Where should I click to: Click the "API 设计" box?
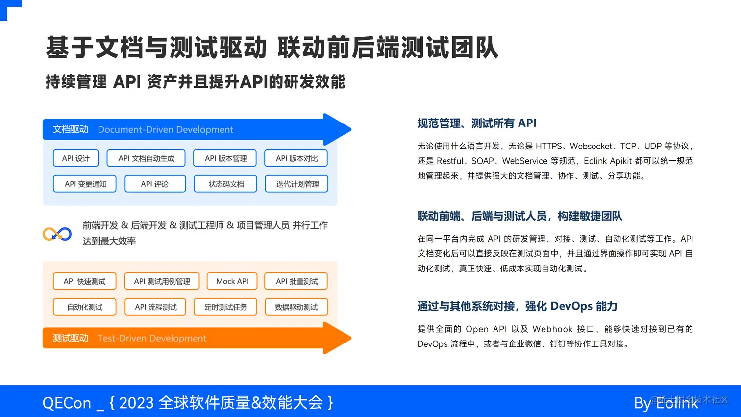pyautogui.click(x=76, y=158)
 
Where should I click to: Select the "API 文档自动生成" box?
pyautogui.click(x=146, y=158)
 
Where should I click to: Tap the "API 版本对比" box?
pyautogui.click(x=296, y=158)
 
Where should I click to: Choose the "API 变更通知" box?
pyautogui.click(x=85, y=184)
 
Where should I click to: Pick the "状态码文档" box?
pyautogui.click(x=225, y=184)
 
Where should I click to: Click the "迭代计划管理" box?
pyautogui.click(x=296, y=184)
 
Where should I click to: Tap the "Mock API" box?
pyautogui.click(x=232, y=281)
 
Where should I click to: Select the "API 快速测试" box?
pyautogui.click(x=85, y=281)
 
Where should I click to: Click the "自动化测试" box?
pyautogui.click(x=85, y=307)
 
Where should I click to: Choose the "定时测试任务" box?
pyautogui.click(x=225, y=307)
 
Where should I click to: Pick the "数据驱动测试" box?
pyautogui.click(x=296, y=307)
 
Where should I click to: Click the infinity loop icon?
pyautogui.click(x=57, y=234)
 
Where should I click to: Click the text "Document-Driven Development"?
pyautogui.click(x=166, y=130)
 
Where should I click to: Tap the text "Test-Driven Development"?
pyautogui.click(x=152, y=339)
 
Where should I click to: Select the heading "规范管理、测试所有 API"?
pyautogui.click(x=477, y=123)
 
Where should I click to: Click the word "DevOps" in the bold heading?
pyautogui.click(x=571, y=306)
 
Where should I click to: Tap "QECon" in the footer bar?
pyautogui.click(x=67, y=403)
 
